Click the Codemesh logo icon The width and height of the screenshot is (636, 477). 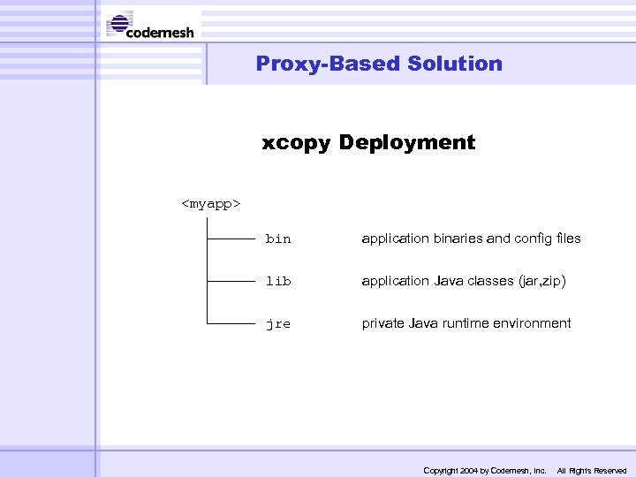tap(120, 24)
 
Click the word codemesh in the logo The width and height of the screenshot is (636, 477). tap(161, 33)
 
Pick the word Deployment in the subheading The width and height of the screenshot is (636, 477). tap(407, 143)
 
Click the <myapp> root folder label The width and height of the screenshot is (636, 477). tap(211, 204)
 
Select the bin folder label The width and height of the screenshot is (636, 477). tap(278, 239)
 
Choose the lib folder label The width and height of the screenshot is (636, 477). tap(278, 282)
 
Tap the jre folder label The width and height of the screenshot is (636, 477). tap(278, 324)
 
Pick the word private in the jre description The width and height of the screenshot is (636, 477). tap(383, 323)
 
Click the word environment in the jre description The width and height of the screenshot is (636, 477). tap(533, 323)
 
